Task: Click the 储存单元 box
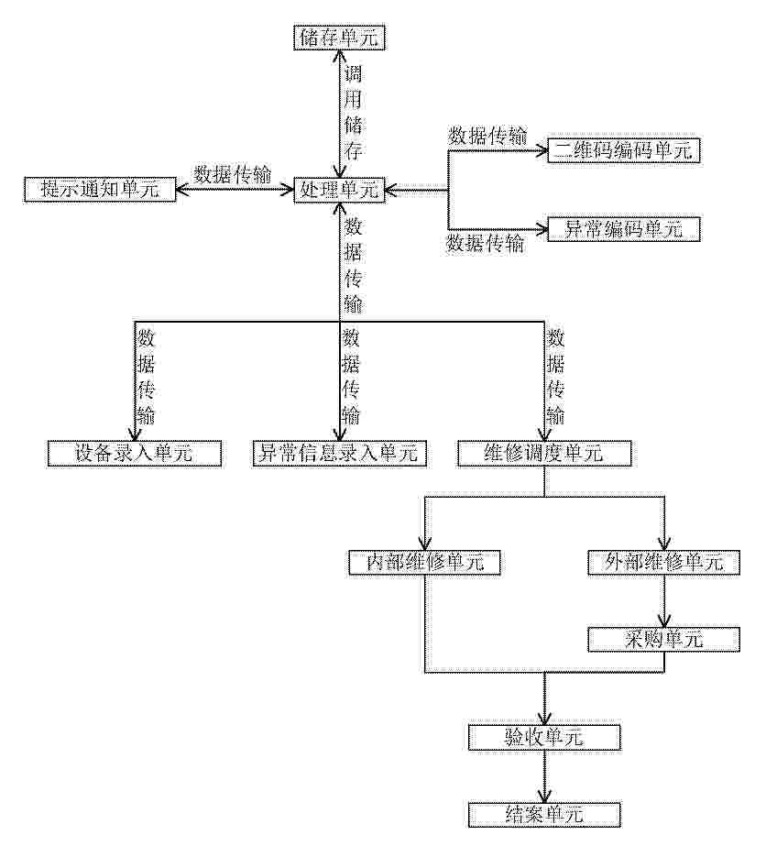(339, 38)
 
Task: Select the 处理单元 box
(339, 190)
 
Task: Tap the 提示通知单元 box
(100, 190)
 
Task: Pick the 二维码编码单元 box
(624, 150)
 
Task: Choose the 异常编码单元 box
(624, 229)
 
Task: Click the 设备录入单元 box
(135, 453)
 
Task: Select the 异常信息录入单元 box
(340, 453)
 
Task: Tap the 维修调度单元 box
(544, 453)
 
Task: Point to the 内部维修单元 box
(425, 563)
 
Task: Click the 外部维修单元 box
(663, 563)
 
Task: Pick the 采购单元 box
(663, 640)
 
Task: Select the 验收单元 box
(544, 737)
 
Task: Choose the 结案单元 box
(544, 814)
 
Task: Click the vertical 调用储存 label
(353, 112)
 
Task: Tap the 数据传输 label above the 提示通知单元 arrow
(233, 175)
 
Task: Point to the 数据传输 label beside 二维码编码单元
(487, 136)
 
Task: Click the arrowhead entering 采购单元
(664, 621)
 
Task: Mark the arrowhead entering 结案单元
(544, 796)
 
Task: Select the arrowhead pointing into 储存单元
(339, 57)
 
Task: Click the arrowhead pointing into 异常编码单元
(541, 229)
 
